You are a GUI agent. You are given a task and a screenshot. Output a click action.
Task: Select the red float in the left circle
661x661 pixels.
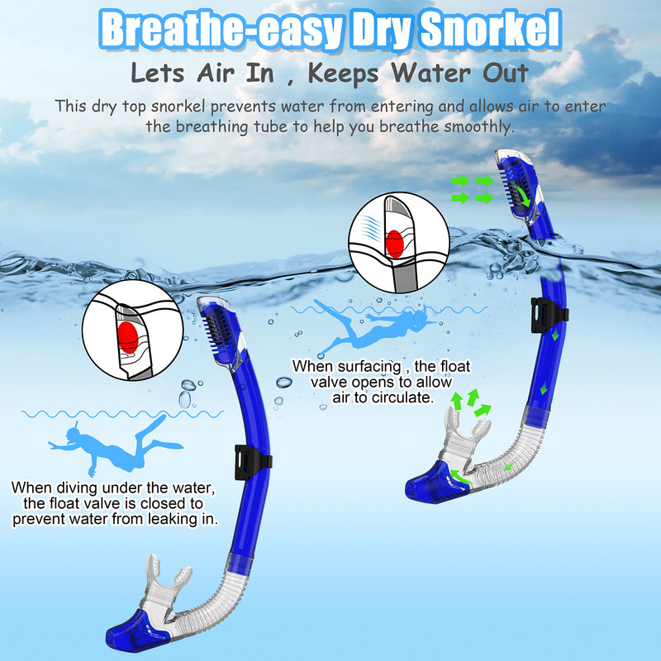tap(126, 335)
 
